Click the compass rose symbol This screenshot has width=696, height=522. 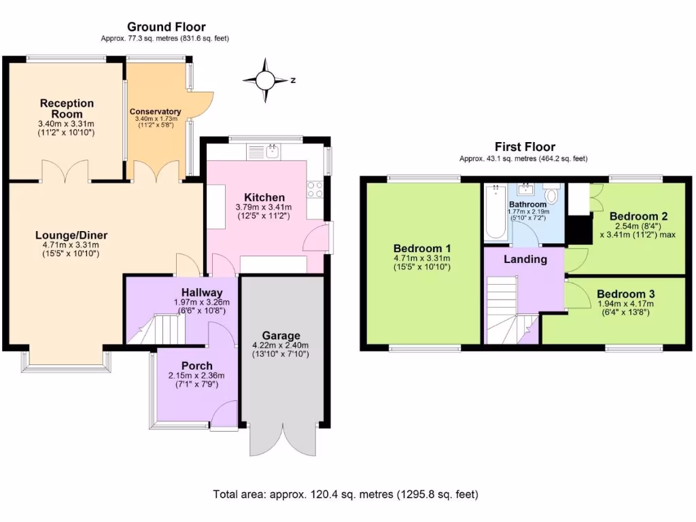click(266, 80)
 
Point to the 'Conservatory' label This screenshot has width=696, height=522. click(156, 111)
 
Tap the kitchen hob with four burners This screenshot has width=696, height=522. click(315, 189)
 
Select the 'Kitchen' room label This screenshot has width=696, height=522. click(264, 197)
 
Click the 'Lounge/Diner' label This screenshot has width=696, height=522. click(71, 235)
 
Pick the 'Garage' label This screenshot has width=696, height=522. click(281, 336)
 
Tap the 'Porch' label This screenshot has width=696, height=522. click(196, 366)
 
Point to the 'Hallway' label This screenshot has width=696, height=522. click(202, 292)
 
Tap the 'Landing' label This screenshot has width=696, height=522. click(525, 259)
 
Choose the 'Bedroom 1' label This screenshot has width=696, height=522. click(421, 248)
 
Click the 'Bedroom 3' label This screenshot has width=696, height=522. click(626, 294)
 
